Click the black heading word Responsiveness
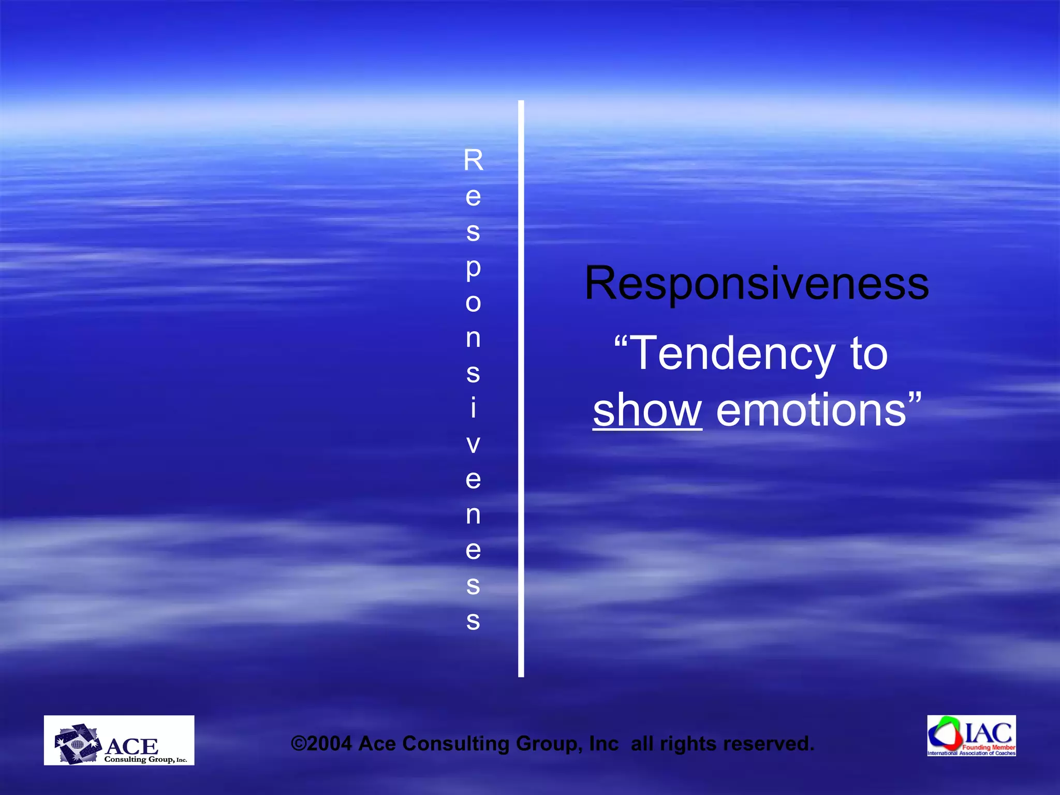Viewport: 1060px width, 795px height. (756, 284)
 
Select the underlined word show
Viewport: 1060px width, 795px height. (647, 410)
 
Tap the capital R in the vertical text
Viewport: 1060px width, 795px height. (473, 160)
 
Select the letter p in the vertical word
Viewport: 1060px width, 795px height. (473, 269)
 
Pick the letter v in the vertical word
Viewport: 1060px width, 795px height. (473, 444)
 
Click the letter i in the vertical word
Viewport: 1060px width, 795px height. (473, 408)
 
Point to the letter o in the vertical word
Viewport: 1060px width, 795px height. (473, 303)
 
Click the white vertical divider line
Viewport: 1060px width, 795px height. (521, 388)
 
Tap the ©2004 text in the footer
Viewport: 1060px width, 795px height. (321, 744)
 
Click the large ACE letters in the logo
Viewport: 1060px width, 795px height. (132, 746)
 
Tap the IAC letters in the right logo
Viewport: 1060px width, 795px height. (988, 732)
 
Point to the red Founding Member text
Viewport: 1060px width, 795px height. (989, 747)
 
